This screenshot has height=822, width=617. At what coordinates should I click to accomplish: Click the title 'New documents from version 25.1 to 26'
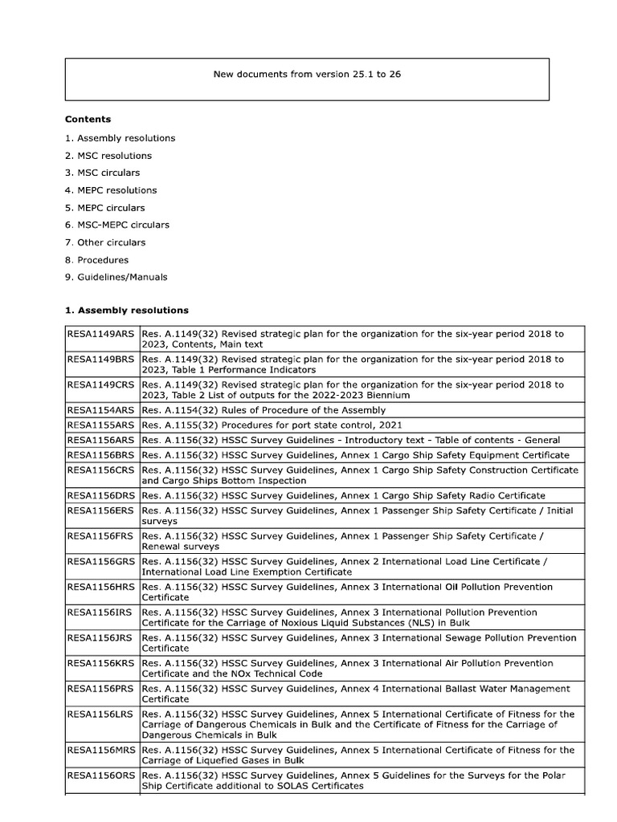coord(308,75)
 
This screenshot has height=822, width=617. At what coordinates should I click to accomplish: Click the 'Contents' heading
coord(88,120)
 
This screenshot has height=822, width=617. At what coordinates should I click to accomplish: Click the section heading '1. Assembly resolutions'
coord(127,310)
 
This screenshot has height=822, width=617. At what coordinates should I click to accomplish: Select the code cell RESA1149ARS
coord(101,334)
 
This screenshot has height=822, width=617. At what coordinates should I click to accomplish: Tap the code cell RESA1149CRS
coord(101,385)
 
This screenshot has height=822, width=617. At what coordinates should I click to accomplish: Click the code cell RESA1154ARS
coord(101,411)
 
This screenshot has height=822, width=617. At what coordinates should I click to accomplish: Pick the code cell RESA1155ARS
coord(101,425)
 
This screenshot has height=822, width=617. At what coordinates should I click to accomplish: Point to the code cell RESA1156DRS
coord(101,495)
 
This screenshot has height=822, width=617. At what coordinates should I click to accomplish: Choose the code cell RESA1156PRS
coord(101,689)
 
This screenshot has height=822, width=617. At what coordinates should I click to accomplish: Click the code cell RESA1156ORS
coord(101,776)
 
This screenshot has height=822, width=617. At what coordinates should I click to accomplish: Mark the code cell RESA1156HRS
coord(101,587)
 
